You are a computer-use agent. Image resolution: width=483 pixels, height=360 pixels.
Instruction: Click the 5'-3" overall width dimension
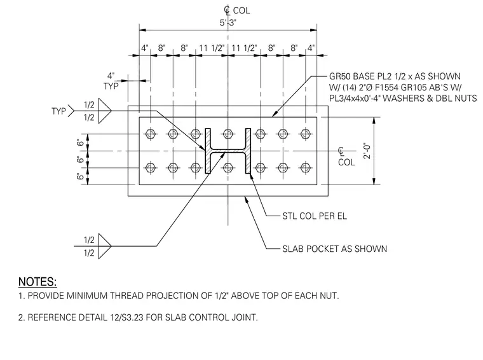(x=228, y=23)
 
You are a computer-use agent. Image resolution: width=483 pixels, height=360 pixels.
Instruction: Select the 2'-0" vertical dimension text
(x=367, y=151)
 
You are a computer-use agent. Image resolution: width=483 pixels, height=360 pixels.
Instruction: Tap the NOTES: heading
(x=37, y=282)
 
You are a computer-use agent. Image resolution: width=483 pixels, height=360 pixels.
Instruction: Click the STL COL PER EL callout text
(x=315, y=216)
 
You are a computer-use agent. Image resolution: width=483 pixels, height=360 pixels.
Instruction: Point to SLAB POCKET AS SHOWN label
(x=334, y=249)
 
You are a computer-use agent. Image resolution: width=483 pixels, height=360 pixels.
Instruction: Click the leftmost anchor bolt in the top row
(x=151, y=134)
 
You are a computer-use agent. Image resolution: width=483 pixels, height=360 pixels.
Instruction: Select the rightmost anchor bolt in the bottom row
(x=305, y=168)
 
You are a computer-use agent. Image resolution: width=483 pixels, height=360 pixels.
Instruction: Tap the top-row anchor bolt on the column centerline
(x=228, y=134)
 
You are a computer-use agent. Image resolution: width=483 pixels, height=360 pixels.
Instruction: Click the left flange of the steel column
(x=208, y=151)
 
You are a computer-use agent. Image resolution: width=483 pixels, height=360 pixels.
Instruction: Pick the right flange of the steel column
(x=248, y=151)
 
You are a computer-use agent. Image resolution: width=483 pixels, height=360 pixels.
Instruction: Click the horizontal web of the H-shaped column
(x=228, y=151)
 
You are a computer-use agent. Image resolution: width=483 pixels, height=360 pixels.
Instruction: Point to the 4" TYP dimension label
(x=111, y=81)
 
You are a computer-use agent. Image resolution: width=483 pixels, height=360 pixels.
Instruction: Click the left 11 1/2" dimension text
(x=212, y=48)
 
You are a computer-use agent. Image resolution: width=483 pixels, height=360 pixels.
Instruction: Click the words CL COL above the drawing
(x=236, y=10)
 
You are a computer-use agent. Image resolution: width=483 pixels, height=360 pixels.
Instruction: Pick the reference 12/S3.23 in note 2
(x=126, y=317)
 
